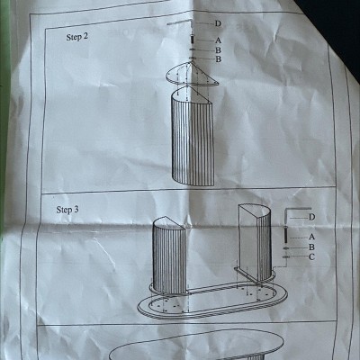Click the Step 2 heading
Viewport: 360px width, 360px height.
point(77,37)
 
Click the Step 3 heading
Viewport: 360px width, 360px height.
point(67,210)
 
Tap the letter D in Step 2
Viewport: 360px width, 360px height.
point(218,23)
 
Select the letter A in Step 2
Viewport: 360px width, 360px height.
point(218,40)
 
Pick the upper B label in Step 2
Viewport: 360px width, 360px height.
point(218,50)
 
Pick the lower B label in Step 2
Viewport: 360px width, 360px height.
point(219,59)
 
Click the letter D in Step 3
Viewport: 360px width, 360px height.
point(312,217)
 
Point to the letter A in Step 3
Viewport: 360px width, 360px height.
point(312,237)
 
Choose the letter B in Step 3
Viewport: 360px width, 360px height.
point(311,247)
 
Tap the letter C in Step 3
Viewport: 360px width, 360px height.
point(311,256)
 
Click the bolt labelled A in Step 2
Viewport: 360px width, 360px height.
point(193,40)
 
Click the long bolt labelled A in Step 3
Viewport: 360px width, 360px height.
point(285,236)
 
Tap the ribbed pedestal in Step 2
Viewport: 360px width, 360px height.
point(193,137)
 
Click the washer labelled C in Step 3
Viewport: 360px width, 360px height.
point(286,256)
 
